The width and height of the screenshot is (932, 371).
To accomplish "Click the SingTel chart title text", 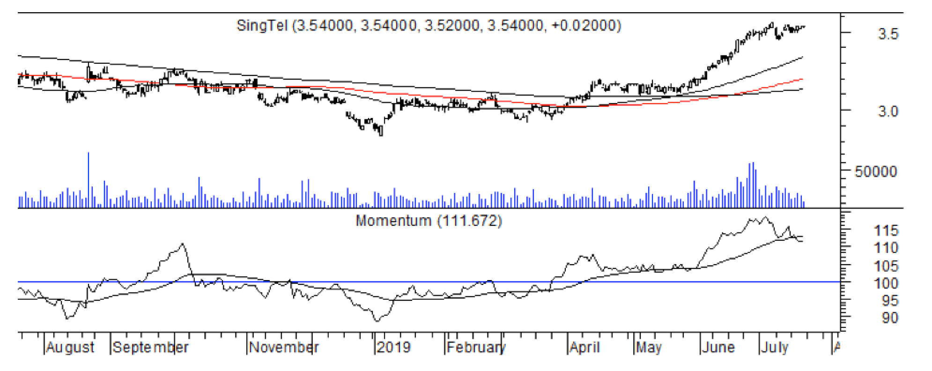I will pyautogui.click(x=429, y=25).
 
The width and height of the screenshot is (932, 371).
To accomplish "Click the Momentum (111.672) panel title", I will pyautogui.click(x=429, y=221).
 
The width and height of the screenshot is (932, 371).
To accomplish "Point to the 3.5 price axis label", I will pyautogui.click(x=888, y=34).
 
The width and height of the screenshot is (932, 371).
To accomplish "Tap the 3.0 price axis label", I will pyautogui.click(x=888, y=112).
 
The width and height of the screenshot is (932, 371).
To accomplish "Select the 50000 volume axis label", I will pyautogui.click(x=876, y=172).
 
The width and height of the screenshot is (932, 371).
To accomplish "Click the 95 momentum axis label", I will pyautogui.click(x=889, y=301).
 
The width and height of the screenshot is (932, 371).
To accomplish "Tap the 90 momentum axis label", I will pyautogui.click(x=889, y=318).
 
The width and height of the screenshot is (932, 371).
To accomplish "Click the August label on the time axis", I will pyautogui.click(x=70, y=348).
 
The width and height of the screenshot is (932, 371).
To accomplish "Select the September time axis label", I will pyautogui.click(x=150, y=348).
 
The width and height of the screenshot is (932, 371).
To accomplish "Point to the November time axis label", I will pyautogui.click(x=284, y=348).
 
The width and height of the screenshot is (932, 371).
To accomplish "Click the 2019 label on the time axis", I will pyautogui.click(x=394, y=348).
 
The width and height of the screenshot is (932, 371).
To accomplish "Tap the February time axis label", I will pyautogui.click(x=476, y=348).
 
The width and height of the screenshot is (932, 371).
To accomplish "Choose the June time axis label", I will pyautogui.click(x=719, y=348).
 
